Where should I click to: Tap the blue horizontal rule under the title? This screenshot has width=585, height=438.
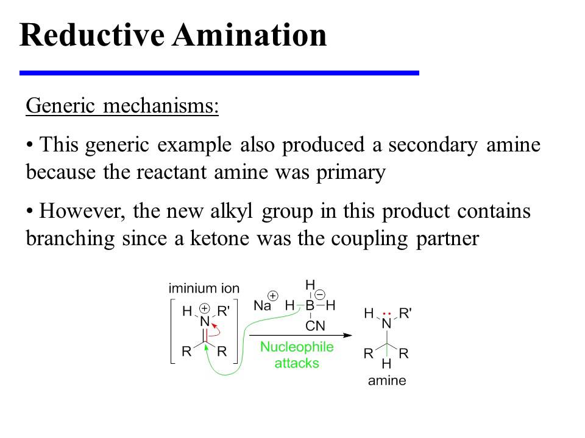point(219,73)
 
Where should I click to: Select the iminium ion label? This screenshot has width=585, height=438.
point(204,288)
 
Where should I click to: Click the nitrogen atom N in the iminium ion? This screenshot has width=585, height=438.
point(204,322)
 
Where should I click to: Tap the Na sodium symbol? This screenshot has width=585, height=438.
point(263,306)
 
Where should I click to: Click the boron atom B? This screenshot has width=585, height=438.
point(310,305)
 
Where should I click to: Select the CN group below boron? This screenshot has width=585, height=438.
point(315,326)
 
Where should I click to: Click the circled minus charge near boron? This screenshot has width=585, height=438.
point(319,294)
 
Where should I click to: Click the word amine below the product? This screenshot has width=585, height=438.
point(386,381)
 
